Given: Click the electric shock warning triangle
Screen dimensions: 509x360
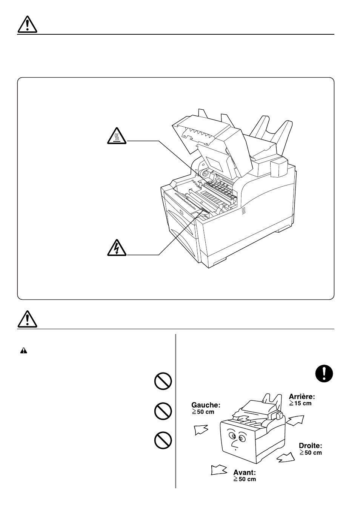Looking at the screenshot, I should tap(117, 248).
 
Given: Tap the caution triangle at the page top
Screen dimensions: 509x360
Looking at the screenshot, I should tap(27, 25).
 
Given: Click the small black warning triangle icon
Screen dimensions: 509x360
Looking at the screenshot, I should tap(23, 351).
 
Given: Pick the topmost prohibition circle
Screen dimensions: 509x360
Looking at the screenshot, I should tap(163, 382).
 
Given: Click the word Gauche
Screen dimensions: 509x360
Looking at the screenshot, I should tap(206, 405).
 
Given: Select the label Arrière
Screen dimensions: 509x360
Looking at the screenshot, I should tap(302, 396).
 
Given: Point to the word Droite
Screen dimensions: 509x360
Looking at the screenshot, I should tap(311, 446).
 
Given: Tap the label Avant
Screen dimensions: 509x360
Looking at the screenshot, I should tap(245, 472).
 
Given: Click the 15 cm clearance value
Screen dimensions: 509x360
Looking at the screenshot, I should tap(300, 403).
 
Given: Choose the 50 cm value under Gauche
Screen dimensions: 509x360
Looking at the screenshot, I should tap(203, 412).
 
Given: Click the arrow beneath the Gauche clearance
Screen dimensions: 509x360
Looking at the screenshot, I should tap(201, 429).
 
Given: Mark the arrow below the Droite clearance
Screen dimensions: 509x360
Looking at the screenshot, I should tap(286, 458).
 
